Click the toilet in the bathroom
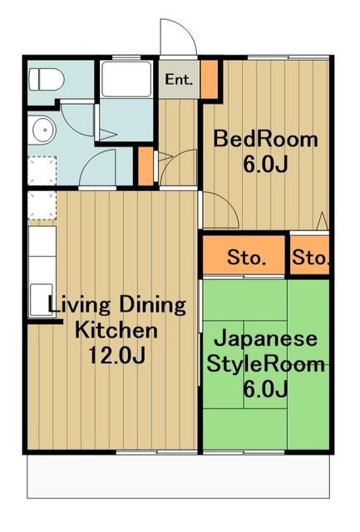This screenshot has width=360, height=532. point(47,80)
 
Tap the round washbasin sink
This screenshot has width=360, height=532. point(43,131)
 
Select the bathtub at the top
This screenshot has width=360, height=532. point(126,80)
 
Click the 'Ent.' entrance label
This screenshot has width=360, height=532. point(179,80)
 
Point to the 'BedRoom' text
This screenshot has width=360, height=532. point(266,139)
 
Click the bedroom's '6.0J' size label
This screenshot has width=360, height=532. point(266,165)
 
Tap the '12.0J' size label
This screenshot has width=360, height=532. point(117,355)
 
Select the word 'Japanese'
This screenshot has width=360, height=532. point(266,339)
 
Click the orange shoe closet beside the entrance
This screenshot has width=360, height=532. point(209,79)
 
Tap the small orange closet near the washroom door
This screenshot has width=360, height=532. point(145,166)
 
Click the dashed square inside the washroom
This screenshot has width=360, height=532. point(42,170)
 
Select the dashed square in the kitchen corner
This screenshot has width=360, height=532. point(42,205)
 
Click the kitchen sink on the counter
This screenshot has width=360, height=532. point(42,299)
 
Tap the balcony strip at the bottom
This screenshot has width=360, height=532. point(178,476)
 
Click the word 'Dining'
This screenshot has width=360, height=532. point(152,305)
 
